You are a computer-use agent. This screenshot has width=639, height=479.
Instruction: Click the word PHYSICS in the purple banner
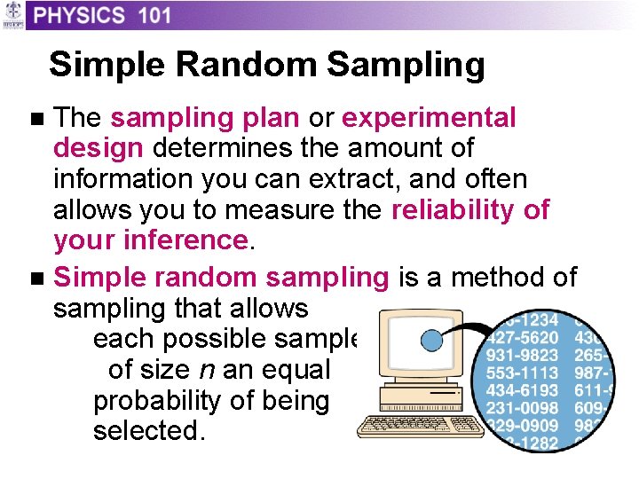pos(81,15)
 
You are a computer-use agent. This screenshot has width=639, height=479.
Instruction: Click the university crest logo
pos(12,15)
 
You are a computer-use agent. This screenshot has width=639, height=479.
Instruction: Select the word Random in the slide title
pos(251,65)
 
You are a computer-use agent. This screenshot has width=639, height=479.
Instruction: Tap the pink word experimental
pos(429,118)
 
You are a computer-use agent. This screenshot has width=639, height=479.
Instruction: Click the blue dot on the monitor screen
pos(432,342)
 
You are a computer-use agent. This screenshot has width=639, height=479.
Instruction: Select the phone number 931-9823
pos(523,355)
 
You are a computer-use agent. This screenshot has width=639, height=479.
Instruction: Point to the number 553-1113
pos(523,373)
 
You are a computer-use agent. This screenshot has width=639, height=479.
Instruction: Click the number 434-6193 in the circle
pos(523,390)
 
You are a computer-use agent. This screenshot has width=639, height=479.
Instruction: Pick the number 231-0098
pos(523,408)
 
